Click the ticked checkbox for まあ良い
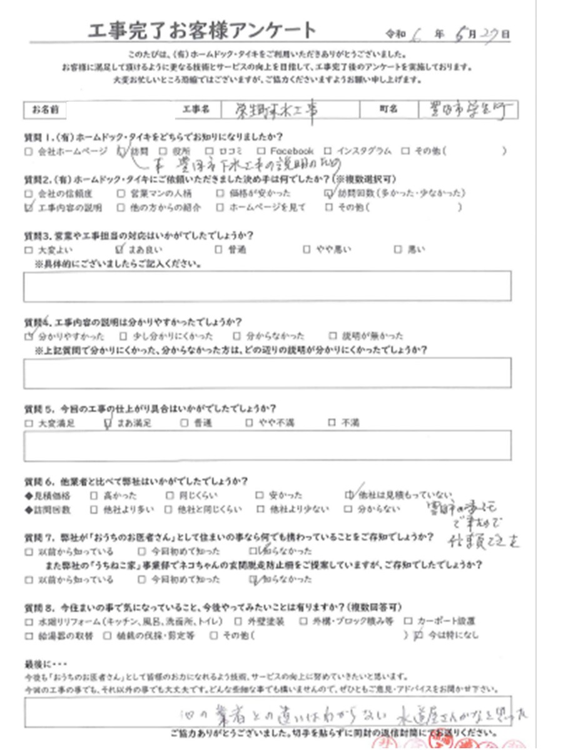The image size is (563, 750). [120, 249]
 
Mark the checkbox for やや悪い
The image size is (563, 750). [307, 249]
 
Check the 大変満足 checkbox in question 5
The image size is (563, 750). [28, 422]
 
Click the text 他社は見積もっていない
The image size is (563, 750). [394, 494]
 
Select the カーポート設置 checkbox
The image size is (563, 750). [407, 622]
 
